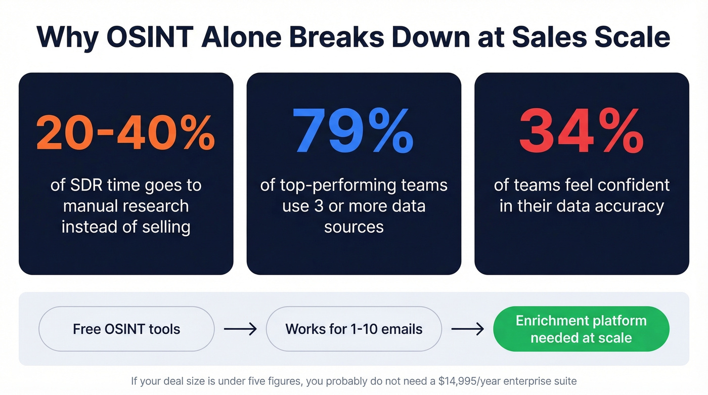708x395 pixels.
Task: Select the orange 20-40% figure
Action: coord(126,133)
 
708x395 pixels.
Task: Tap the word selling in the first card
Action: coord(166,227)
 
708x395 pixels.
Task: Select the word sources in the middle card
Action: coord(353,227)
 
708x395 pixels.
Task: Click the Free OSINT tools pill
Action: coord(126,329)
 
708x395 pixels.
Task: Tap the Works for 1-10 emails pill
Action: coord(353,329)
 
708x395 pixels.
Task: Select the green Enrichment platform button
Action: coord(581,329)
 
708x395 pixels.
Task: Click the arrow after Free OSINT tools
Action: coord(240,329)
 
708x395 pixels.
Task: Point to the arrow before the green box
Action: coord(468,329)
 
